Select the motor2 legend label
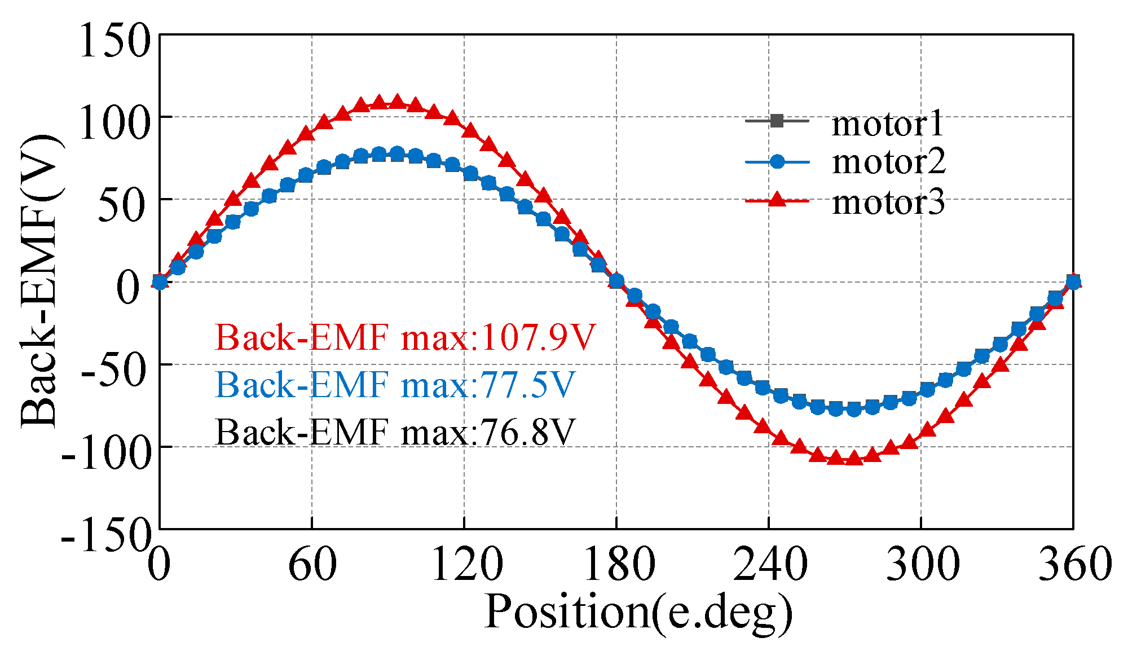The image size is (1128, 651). point(888,162)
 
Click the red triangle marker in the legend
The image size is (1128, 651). point(777,200)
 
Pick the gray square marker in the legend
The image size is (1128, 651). point(777,121)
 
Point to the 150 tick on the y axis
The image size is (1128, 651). point(115,41)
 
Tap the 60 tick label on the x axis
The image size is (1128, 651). point(312,564)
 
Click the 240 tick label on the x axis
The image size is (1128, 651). point(769,564)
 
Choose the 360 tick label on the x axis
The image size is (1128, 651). point(1074,564)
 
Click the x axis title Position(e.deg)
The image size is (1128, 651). point(638,613)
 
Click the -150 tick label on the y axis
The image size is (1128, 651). point(106,536)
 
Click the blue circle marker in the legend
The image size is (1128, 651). point(777,161)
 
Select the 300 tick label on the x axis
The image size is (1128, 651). point(922,564)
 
